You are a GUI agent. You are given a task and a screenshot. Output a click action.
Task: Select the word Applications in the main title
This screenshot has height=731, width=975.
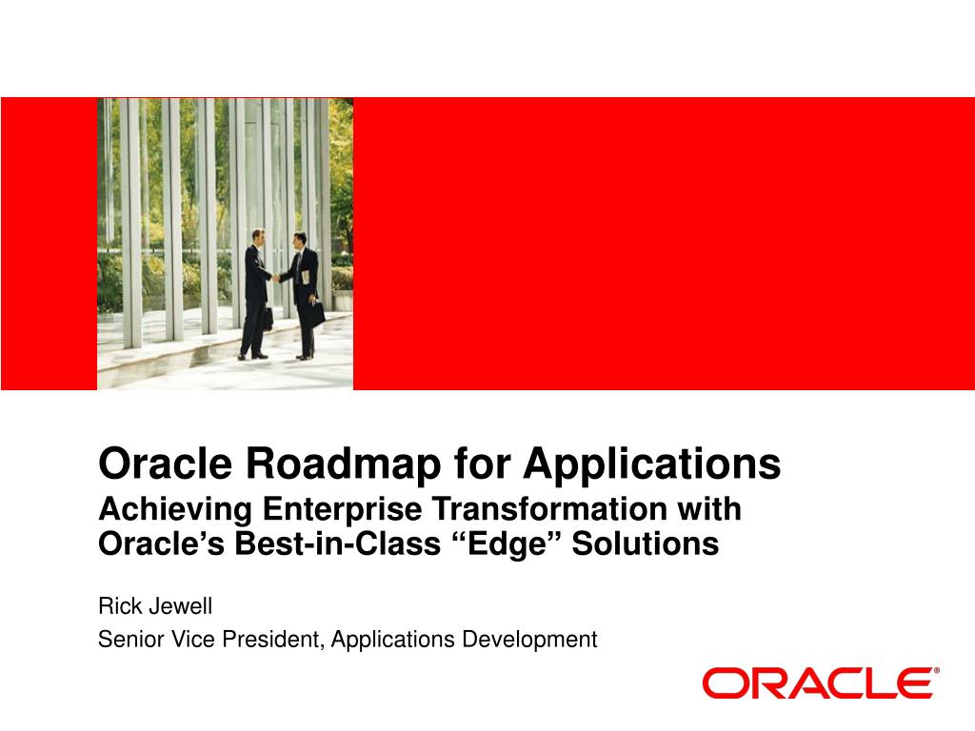coord(652,464)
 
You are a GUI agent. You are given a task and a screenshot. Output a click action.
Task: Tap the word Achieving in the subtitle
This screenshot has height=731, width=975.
coord(175,510)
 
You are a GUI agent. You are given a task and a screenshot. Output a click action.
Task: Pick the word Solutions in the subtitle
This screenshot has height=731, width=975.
coord(646,543)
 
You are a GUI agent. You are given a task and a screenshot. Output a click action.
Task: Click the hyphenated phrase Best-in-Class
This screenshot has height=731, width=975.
coord(338,543)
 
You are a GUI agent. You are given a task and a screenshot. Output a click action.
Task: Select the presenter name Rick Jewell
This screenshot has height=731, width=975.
coord(155,606)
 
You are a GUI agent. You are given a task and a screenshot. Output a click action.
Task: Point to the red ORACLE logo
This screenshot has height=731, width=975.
coord(817,683)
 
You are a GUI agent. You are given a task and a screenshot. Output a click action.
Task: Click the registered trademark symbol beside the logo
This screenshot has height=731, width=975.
coord(937,671)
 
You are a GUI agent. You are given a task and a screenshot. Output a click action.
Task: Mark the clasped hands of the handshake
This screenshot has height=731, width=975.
coord(275,278)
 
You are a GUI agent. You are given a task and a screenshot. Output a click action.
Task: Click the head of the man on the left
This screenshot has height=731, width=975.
coord(258,237)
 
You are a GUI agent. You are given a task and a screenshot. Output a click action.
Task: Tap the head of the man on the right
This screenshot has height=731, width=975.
coord(300,240)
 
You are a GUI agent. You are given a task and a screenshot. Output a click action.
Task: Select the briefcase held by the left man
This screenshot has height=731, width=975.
coord(268,318)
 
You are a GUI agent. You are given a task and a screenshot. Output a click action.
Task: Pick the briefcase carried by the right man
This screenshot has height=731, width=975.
coord(317,314)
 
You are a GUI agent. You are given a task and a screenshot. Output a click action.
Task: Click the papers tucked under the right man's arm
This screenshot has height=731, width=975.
coord(306,277)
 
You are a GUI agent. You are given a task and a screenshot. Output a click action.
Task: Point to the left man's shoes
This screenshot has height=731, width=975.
coord(252,356)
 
